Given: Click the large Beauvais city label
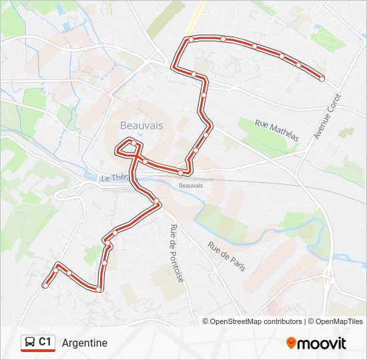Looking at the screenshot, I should [x=141, y=125].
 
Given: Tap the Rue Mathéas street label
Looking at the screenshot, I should [x=278, y=129].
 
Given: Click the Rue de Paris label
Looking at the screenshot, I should [x=227, y=256].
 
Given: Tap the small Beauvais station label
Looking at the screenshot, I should [x=191, y=185].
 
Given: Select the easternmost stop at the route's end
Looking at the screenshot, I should [x=322, y=79].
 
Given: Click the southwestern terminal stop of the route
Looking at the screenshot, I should [x=45, y=285].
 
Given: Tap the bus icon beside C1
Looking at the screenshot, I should [x=29, y=343].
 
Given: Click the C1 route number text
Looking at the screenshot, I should [x=45, y=342].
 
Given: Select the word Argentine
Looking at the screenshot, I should [x=84, y=343].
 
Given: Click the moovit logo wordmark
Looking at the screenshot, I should [x=322, y=343].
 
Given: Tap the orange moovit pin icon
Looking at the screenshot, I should [x=291, y=343].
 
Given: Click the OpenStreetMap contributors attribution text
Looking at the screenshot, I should [x=256, y=321].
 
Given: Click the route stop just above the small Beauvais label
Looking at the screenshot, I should [x=181, y=173].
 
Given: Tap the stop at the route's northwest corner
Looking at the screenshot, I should [x=191, y=40].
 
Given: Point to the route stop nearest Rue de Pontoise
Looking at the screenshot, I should [x=156, y=201].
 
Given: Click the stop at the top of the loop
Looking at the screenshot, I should [x=134, y=143].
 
